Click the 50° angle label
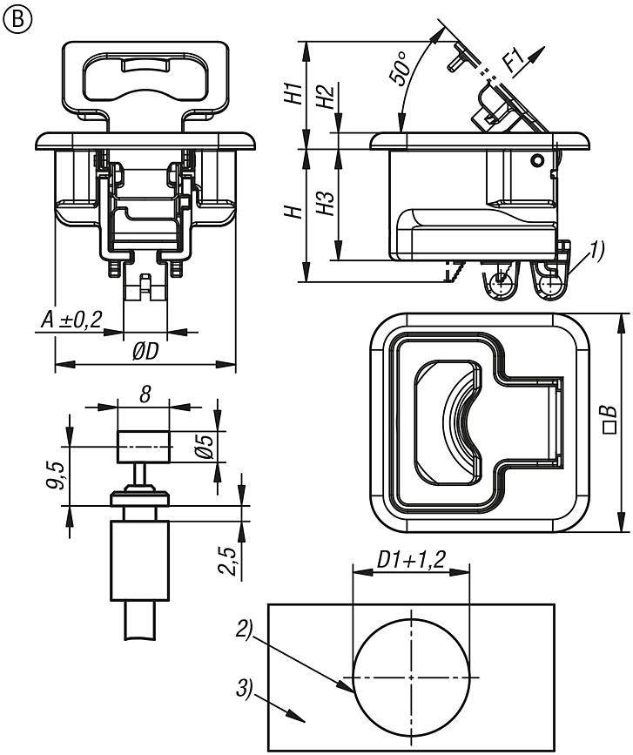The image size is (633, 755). [x=400, y=71]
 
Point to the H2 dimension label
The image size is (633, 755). [x=325, y=98]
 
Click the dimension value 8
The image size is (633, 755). [x=145, y=394]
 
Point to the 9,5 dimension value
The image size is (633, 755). [x=55, y=477]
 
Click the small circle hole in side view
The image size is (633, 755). [x=537, y=159]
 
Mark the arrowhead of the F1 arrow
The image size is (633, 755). [x=546, y=50]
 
